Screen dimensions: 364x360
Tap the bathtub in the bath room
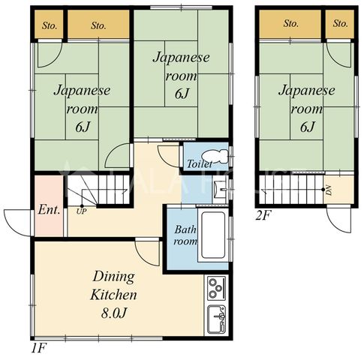click(213, 235)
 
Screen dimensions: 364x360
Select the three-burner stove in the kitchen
click(217, 288)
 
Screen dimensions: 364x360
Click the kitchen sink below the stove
click(217, 319)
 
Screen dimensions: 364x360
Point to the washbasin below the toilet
click(220, 190)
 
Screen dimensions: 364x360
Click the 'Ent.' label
click(50, 210)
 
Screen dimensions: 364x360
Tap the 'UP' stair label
click(82, 211)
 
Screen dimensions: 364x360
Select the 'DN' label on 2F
click(329, 190)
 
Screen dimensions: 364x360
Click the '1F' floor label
click(39, 348)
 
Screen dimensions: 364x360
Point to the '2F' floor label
click(263, 216)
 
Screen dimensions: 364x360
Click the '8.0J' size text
click(114, 313)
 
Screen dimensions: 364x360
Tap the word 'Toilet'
click(200, 164)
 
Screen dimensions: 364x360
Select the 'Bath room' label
click(185, 235)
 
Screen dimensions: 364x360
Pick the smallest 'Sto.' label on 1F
click(50, 25)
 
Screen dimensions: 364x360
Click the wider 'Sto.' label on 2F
click(291, 24)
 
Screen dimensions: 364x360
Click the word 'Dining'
click(113, 277)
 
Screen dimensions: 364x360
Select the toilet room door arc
click(167, 159)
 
